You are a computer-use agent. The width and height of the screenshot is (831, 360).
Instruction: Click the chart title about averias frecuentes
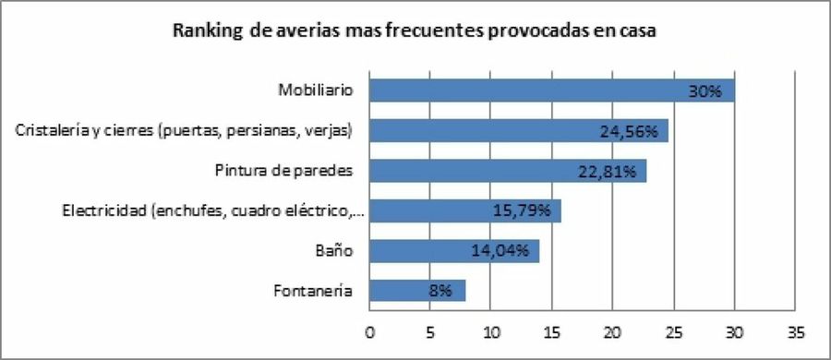(415, 31)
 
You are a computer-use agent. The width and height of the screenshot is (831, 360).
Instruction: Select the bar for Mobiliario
(551, 90)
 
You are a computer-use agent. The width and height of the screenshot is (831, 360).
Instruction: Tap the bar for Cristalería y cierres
(518, 130)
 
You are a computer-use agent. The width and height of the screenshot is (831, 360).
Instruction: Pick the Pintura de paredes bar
(507, 171)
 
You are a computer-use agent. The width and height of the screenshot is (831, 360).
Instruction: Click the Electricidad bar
(464, 210)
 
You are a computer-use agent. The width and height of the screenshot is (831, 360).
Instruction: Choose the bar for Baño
(453, 251)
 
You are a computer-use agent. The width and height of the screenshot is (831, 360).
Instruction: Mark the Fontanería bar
(417, 291)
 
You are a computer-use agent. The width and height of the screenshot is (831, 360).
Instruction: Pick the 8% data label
(439, 292)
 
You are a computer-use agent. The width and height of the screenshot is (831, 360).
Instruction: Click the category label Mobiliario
(316, 90)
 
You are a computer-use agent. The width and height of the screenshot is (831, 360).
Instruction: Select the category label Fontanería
(313, 291)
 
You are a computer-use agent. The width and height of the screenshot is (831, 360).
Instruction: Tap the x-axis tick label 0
(369, 330)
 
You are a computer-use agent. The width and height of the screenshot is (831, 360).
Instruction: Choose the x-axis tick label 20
(612, 330)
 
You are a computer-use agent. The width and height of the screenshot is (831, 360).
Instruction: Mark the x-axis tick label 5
(430, 330)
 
